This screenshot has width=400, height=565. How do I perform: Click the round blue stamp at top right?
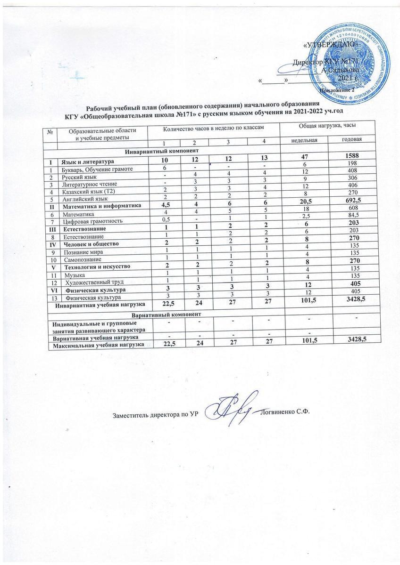pyautogui.click(x=347, y=60)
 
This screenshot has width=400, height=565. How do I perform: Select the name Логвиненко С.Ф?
pyautogui.click(x=287, y=413)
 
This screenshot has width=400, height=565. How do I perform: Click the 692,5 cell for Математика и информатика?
pyautogui.click(x=350, y=206)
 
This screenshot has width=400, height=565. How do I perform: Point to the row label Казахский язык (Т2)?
pyautogui.click(x=88, y=191)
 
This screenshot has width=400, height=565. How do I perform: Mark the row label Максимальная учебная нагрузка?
pyautogui.click(x=104, y=345)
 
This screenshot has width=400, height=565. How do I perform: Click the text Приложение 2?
pyautogui.click(x=338, y=89)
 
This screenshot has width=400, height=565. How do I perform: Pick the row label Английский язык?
pyautogui.click(x=84, y=198)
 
